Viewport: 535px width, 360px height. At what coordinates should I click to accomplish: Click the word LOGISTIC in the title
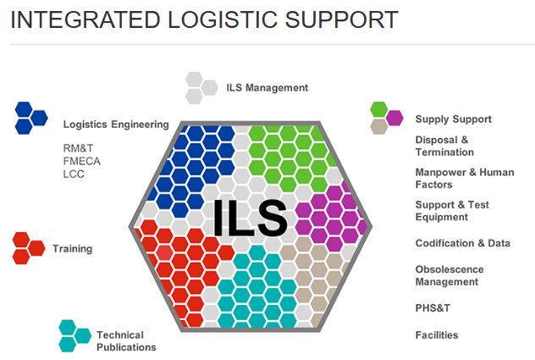223,19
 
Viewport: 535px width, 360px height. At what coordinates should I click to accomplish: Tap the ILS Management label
267,88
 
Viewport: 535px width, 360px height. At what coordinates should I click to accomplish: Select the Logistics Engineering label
116,125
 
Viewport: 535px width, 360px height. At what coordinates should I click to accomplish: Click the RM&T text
78,148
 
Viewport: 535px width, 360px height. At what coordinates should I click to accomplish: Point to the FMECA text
81,161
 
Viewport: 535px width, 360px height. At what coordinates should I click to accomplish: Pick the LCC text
74,174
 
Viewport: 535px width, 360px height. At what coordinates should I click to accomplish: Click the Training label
72,249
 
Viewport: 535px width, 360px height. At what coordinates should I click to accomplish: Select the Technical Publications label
126,341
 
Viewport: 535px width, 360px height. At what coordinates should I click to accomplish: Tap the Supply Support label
454,119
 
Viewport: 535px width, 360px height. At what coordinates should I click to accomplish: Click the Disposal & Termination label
444,146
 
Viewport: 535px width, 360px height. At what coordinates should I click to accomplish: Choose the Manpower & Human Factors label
465,178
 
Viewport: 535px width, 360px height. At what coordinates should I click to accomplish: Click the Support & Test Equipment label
452,211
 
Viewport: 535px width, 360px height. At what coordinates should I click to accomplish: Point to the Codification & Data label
463,243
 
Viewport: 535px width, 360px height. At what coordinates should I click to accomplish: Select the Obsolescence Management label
450,275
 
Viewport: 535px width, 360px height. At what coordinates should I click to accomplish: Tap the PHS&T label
433,308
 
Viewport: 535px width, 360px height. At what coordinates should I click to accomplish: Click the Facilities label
437,335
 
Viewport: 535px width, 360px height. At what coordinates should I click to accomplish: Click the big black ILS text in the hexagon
250,218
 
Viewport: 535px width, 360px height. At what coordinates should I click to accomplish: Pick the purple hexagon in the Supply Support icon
394,118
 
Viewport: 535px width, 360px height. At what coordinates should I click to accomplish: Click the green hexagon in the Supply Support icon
379,109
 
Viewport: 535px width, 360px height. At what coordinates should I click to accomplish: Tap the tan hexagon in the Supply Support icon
379,126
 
